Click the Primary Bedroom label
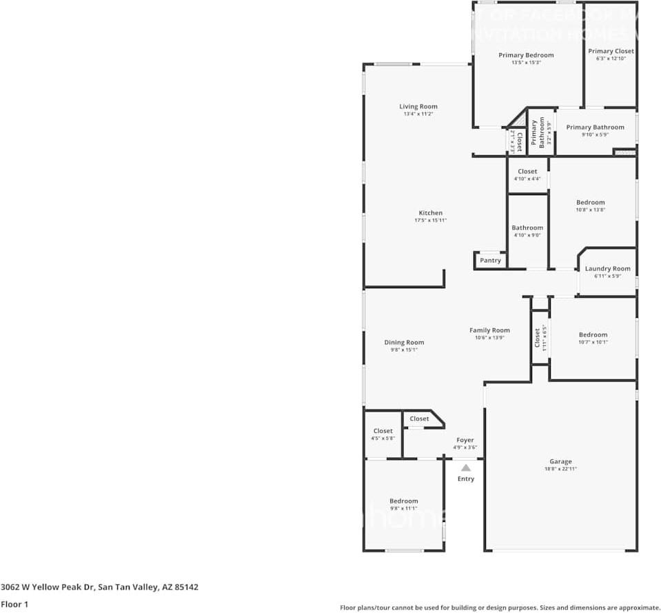526,55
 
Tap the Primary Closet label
611,51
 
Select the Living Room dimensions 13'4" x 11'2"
418,114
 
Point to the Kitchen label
431,213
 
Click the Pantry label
490,261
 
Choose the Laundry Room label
607,269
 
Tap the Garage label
560,462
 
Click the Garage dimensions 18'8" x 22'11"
560,470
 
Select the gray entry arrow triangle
466,468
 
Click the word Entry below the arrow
466,479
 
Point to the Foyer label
465,440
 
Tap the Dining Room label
404,343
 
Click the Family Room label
489,330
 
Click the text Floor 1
14,605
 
